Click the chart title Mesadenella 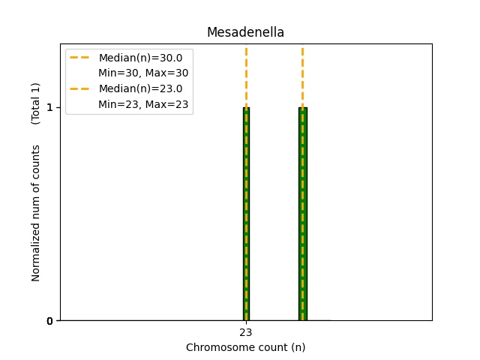(245, 32)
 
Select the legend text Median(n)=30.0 (140, 58)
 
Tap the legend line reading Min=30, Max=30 (143, 73)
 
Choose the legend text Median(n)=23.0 (140, 89)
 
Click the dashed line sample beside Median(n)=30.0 (81, 58)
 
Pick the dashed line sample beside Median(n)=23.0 (81, 89)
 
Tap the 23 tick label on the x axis (246, 332)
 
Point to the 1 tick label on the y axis (49, 107)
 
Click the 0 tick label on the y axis (49, 321)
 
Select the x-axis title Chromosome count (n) (245, 347)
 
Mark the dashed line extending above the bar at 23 (246, 75)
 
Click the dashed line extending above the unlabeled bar (302, 75)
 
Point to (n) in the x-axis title (298, 347)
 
